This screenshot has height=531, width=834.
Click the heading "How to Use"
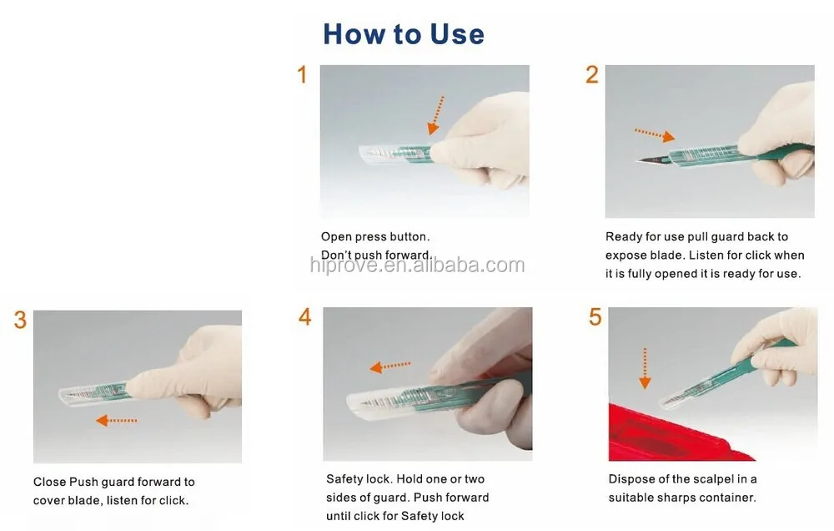(404, 34)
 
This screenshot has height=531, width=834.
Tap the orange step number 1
(302, 74)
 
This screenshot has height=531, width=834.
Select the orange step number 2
(592, 74)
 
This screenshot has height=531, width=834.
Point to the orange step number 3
(20, 320)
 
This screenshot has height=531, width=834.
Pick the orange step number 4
(304, 317)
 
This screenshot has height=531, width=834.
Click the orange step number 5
(595, 317)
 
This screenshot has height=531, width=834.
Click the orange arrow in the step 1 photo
(436, 115)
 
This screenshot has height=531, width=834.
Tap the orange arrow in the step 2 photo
(655, 134)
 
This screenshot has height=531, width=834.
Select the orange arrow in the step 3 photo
(117, 420)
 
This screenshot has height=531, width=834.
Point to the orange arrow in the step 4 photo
(389, 367)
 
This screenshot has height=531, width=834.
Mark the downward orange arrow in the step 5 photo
(645, 368)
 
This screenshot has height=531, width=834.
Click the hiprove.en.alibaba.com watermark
(418, 265)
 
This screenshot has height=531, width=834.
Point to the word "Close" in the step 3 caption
(49, 482)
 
